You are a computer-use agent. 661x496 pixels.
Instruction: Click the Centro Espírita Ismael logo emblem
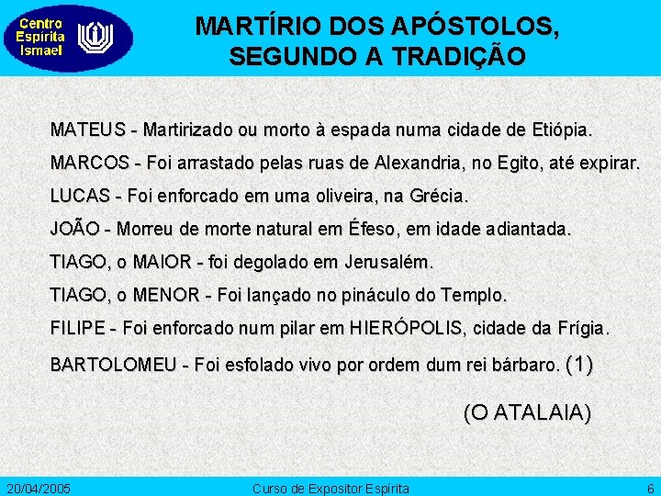pos(95,38)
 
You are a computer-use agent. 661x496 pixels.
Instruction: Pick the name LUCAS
pos(80,197)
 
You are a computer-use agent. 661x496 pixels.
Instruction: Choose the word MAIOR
pos(162,263)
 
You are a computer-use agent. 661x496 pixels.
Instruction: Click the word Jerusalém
pos(387,263)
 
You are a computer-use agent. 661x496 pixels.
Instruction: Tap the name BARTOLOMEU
pos(113,366)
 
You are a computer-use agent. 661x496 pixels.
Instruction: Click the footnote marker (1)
pos(580,364)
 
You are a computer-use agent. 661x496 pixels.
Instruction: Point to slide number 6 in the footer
pos(650,488)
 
